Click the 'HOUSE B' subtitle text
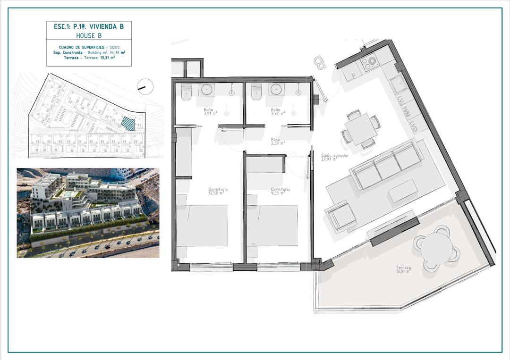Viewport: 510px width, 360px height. [89, 35]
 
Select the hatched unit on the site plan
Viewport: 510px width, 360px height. [127, 123]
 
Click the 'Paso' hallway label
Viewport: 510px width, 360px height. [276, 141]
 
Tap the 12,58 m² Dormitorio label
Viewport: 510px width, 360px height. [218, 191]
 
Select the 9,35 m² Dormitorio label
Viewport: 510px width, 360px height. [280, 191]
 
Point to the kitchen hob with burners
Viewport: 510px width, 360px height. [368, 61]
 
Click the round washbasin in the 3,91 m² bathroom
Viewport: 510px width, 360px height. [207, 89]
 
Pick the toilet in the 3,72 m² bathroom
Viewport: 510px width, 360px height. [257, 92]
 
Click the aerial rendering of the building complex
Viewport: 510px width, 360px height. [88, 212]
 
